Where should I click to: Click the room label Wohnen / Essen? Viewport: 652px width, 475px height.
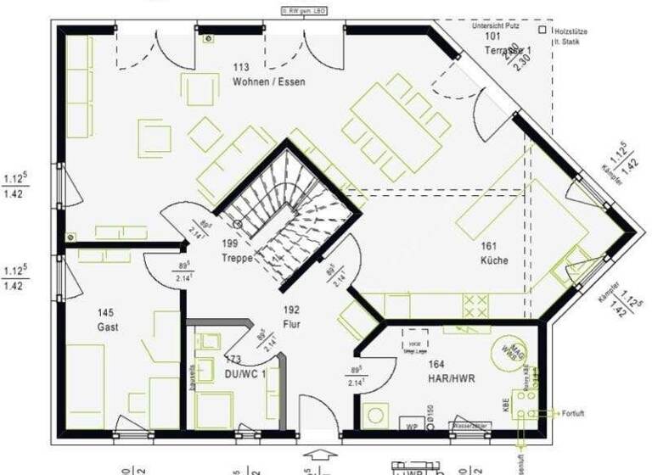click(x=268, y=82)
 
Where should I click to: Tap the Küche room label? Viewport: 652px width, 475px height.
click(x=493, y=260)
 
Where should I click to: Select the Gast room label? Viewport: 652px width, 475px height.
click(x=107, y=327)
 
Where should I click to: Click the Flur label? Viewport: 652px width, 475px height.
click(x=292, y=324)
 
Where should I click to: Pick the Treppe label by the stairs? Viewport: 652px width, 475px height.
click(x=238, y=258)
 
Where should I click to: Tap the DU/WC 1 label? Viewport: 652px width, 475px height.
click(x=246, y=373)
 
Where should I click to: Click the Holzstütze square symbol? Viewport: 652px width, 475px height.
click(x=542, y=30)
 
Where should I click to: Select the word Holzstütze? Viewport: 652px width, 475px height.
click(x=571, y=31)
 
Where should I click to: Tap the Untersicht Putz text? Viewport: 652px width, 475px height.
click(x=499, y=25)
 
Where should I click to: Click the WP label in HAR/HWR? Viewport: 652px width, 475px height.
click(x=413, y=425)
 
